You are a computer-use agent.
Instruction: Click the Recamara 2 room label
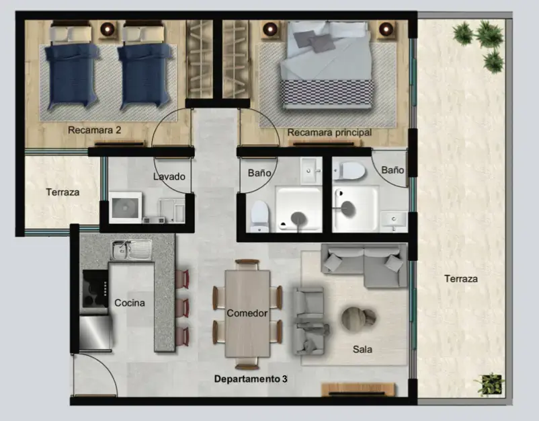tap(95, 130)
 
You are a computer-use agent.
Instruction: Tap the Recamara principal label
tap(329, 132)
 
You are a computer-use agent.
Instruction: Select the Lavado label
tap(169, 176)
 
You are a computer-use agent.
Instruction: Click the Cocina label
tap(130, 303)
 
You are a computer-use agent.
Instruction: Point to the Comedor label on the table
tap(247, 313)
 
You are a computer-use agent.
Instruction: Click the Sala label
tap(362, 350)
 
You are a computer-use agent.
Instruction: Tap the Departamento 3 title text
tap(251, 379)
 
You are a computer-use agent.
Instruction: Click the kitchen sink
tap(131, 250)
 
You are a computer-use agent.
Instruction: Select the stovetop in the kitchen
tap(95, 289)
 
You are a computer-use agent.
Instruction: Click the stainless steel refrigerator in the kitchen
tap(95, 333)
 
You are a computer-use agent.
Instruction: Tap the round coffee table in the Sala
tap(358, 318)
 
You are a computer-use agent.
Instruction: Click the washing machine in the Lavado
tap(126, 207)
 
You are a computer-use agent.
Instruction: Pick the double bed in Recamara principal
tap(326, 65)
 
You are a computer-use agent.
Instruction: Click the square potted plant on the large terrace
tap(490, 384)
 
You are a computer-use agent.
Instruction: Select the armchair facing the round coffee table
tap(309, 321)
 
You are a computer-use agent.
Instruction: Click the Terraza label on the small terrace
tap(63, 192)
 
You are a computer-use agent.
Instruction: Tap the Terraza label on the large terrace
tap(461, 278)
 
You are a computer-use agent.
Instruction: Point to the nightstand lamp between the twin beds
tap(108, 29)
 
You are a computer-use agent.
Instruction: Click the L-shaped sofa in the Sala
tap(364, 265)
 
